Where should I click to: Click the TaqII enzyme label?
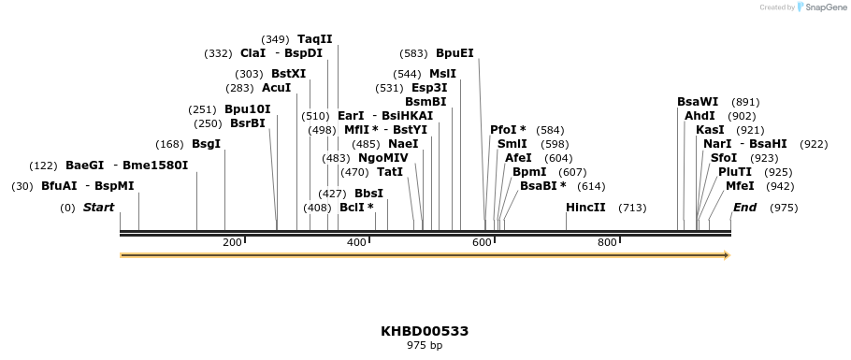coord(314,39)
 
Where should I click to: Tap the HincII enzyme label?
coord(585,208)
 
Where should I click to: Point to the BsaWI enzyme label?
coord(698,102)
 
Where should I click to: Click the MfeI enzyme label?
coord(740,186)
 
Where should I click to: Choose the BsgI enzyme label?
coord(206,144)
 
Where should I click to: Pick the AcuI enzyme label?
coord(276,88)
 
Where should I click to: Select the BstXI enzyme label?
coord(288,74)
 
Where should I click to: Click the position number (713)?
coord(632,208)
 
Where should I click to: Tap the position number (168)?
coord(169,144)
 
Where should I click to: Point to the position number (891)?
coord(745,102)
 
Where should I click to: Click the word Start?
coord(98,208)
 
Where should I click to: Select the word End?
coord(744,208)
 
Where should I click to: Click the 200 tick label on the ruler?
coord(232,243)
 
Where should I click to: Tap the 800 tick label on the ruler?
coord(607,243)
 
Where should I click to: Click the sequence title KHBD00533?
coord(425,331)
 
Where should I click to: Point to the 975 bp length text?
coord(425,346)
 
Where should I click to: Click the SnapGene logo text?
coord(822,7)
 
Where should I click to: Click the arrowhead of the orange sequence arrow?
coord(726,254)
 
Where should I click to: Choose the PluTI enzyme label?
coord(734,172)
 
